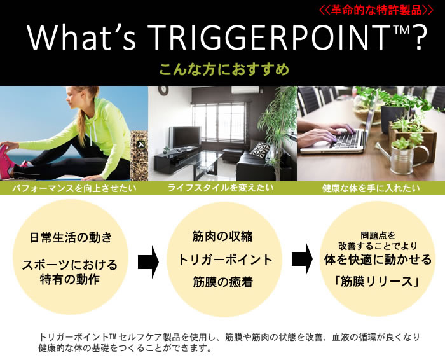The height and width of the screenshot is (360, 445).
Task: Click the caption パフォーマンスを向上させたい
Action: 73,189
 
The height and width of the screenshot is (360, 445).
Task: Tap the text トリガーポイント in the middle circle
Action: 222,260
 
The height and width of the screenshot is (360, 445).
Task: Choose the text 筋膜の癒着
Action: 222,281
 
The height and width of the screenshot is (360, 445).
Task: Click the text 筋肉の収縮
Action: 222,237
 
